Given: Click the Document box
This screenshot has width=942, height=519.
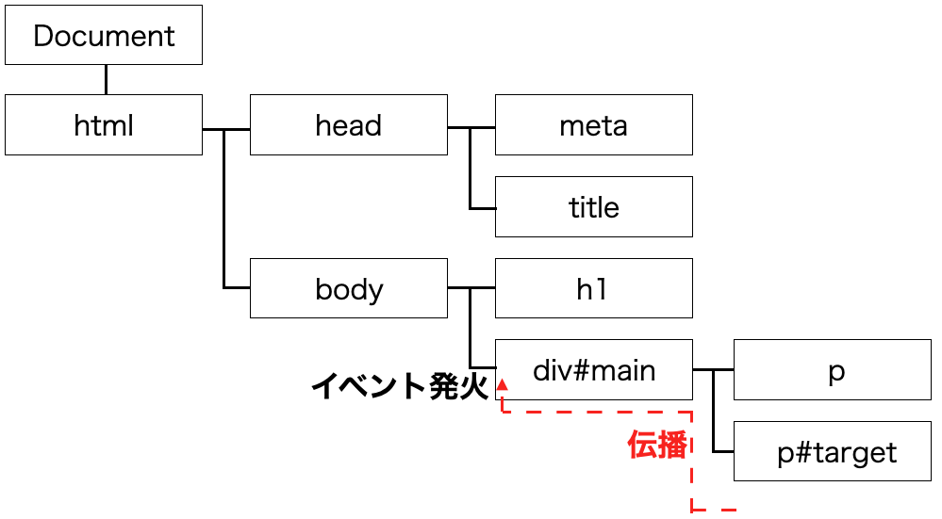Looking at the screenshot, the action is pyautogui.click(x=104, y=35).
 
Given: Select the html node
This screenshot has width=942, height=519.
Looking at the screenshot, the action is pyautogui.click(x=104, y=124).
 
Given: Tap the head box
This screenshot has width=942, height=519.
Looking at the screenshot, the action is pyautogui.click(x=349, y=124).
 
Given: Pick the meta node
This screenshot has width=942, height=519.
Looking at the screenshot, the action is pyautogui.click(x=593, y=124).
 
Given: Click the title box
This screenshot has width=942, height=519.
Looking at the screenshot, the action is pyautogui.click(x=593, y=207).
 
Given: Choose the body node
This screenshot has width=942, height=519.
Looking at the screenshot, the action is pyautogui.click(x=349, y=288).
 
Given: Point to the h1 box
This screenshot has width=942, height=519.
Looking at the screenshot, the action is pyautogui.click(x=593, y=288).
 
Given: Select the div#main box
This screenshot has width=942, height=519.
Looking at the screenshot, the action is pyautogui.click(x=593, y=369).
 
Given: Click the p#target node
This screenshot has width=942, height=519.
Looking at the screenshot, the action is pyautogui.click(x=832, y=451).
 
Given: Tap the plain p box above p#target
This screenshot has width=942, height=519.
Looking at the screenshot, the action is pyautogui.click(x=832, y=369).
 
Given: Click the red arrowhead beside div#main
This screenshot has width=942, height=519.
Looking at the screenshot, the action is pyautogui.click(x=502, y=384).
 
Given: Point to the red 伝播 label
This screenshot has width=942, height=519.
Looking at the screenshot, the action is pyautogui.click(x=656, y=446).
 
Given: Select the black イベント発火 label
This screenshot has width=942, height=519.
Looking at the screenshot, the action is pyautogui.click(x=400, y=385).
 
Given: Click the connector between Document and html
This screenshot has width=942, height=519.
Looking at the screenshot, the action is pyautogui.click(x=106, y=80).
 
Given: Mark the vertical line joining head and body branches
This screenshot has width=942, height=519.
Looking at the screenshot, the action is pyautogui.click(x=224, y=209).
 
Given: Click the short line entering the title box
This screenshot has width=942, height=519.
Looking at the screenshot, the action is pyautogui.click(x=483, y=208).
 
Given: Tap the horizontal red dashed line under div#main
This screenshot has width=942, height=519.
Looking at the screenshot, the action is pyautogui.click(x=597, y=413).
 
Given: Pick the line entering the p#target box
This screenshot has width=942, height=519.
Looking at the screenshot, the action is pyautogui.click(x=723, y=451).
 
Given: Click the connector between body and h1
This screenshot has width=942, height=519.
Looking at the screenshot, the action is pyautogui.click(x=471, y=288).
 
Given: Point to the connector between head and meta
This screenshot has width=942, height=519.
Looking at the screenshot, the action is pyautogui.click(x=471, y=128).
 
